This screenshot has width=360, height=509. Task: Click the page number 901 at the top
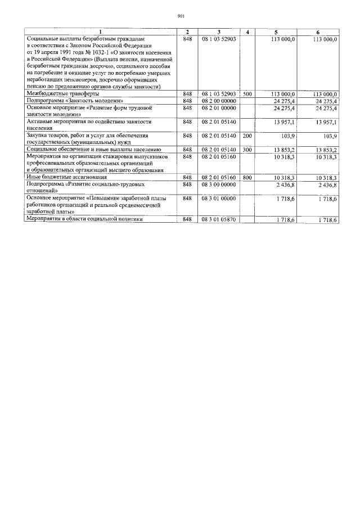181,16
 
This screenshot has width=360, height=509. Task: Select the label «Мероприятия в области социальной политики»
84,219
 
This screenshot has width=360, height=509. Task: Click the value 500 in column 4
247,94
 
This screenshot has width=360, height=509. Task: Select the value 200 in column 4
247,136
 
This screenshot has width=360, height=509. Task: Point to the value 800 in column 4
247,177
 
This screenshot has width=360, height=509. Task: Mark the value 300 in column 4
247,150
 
